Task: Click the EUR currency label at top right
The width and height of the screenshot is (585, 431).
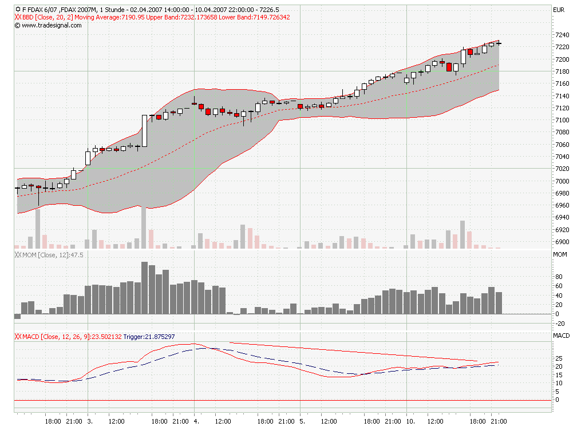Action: point(558,10)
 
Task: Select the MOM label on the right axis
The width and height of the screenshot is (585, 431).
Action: point(560,254)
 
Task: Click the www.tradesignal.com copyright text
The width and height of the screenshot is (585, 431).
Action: point(44,25)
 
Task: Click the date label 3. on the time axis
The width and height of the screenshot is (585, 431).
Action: point(89,421)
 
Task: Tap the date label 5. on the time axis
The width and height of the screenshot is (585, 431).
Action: point(302,421)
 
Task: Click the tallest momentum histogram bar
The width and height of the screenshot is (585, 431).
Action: point(145,288)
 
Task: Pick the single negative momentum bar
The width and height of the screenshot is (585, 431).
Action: point(17,316)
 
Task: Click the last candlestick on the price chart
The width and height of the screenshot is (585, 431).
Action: point(499,43)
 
